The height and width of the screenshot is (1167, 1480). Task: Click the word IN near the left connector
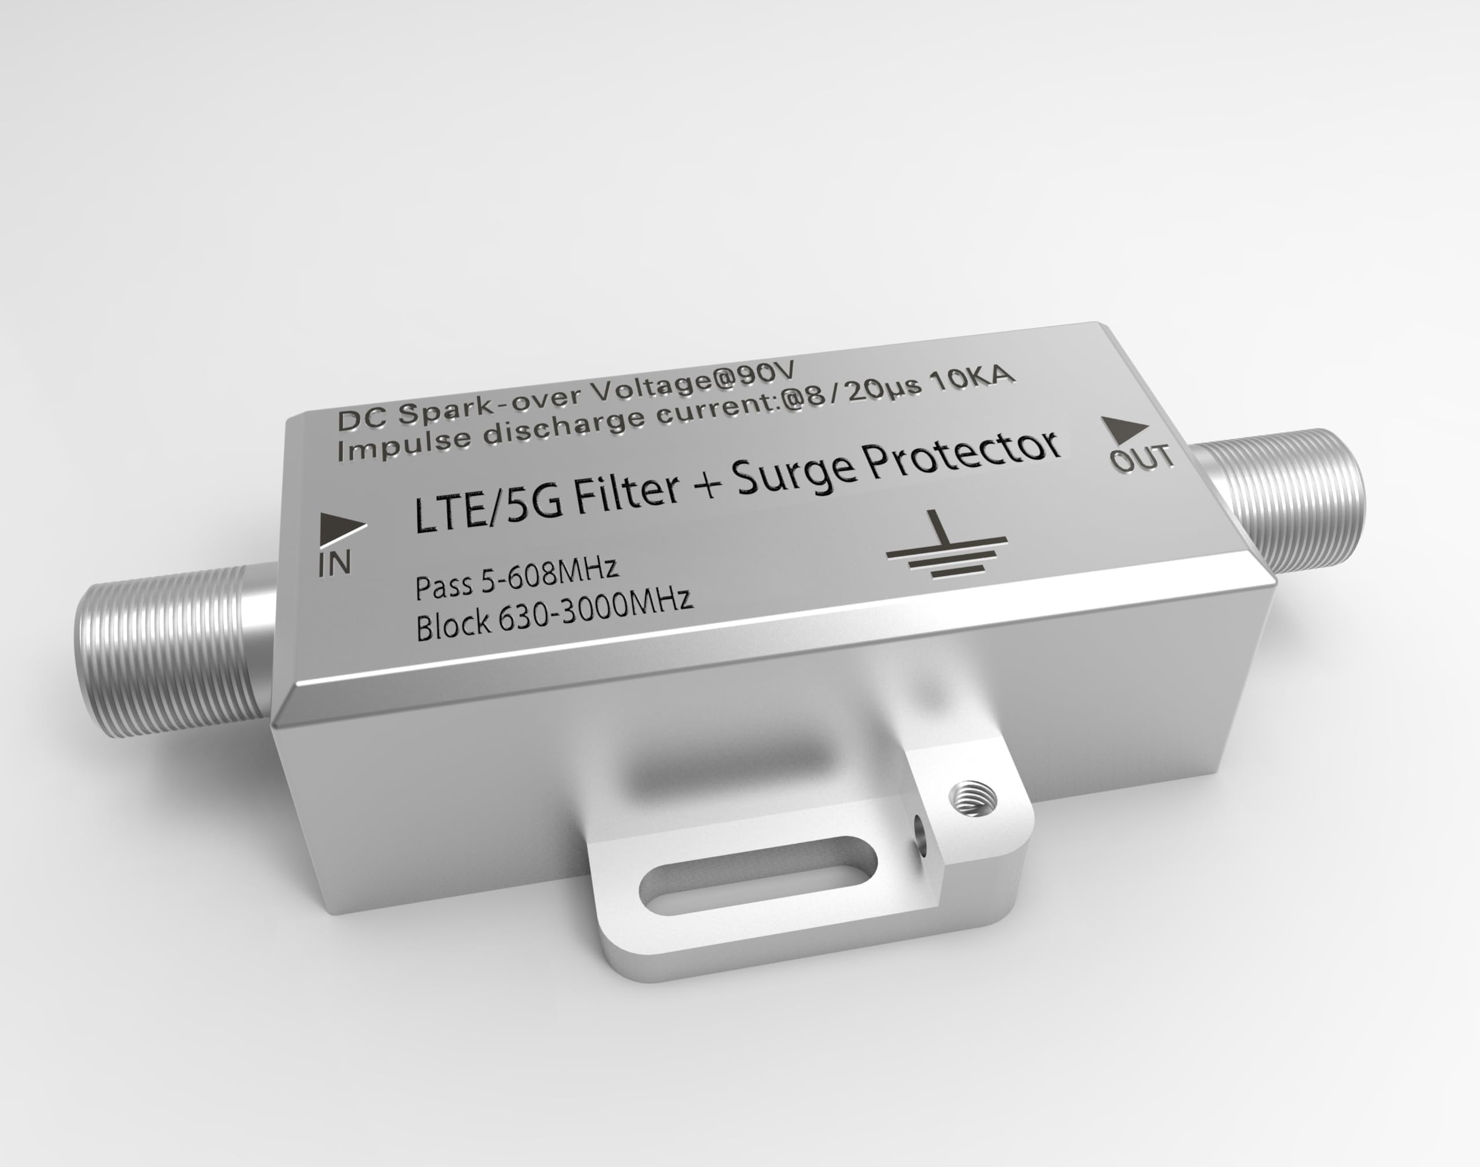[x=335, y=564]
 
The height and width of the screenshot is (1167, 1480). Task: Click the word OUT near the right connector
[x=1142, y=459]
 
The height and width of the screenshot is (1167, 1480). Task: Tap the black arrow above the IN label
[x=341, y=528]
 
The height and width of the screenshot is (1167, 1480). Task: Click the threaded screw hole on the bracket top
[x=973, y=797]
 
